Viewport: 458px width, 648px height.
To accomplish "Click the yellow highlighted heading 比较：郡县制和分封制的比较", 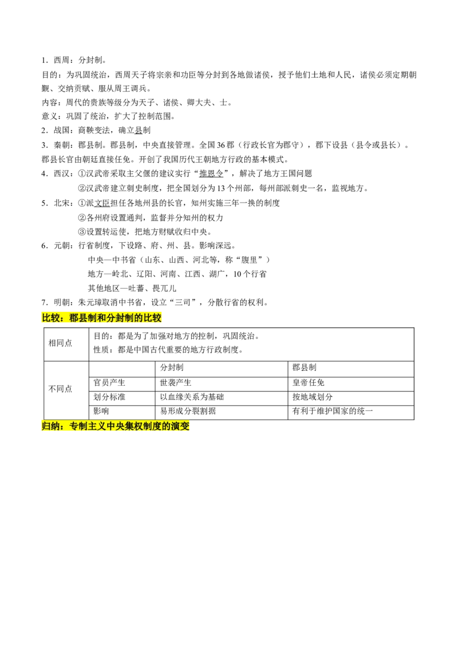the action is [102, 318].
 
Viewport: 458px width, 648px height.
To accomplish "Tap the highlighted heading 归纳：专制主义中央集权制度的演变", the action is [116, 426].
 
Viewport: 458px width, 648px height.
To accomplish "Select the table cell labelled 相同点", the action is [60, 343].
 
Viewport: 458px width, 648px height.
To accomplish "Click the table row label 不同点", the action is [60, 389].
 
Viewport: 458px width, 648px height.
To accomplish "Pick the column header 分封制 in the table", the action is [172, 368].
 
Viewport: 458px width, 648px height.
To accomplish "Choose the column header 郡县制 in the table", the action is [304, 368].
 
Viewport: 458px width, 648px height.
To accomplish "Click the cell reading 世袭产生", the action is [176, 383].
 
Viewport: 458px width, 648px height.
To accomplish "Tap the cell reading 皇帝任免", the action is [309, 383].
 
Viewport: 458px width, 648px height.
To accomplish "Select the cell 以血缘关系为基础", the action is [192, 397].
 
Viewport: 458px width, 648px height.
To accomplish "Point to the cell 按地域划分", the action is [313, 397].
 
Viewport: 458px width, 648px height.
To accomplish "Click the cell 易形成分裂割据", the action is [188, 411].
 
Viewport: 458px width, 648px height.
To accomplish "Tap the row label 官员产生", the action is [109, 383].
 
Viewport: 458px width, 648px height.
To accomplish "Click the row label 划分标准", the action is [109, 397].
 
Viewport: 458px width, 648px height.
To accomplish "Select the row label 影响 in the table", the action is [101, 411].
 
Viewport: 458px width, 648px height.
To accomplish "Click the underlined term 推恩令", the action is [211, 173].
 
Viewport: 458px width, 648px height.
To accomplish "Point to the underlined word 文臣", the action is [102, 203].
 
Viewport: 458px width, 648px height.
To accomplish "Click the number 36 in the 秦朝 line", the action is [222, 145].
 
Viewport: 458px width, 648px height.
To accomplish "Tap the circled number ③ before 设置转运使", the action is [82, 232].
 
